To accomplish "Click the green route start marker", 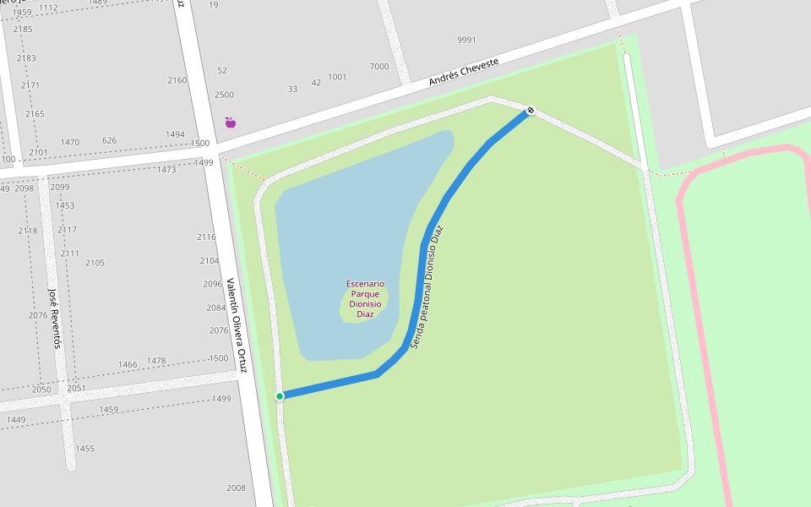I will tap(280, 395).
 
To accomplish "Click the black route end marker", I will tap(531, 110).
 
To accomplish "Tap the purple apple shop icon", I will tap(230, 123).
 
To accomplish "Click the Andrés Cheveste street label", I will tap(463, 72).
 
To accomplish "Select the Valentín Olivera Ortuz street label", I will tap(236, 325).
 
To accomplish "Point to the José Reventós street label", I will tap(55, 318).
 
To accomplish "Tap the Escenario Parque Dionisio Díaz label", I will tap(365, 299).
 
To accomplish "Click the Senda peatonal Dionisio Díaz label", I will tap(427, 287).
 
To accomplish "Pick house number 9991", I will tap(466, 40).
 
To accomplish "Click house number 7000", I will tap(379, 67).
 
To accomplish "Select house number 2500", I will tap(224, 95).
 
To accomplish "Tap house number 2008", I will tap(236, 488).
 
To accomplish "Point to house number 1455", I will tap(84, 449).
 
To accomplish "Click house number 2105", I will tap(95, 263).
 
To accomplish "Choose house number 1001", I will tap(337, 77).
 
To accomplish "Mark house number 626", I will tap(109, 140).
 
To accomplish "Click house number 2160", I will tap(177, 80).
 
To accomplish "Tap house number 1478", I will tap(156, 361).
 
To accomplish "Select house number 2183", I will tap(26, 58).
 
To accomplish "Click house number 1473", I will tap(166, 170).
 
